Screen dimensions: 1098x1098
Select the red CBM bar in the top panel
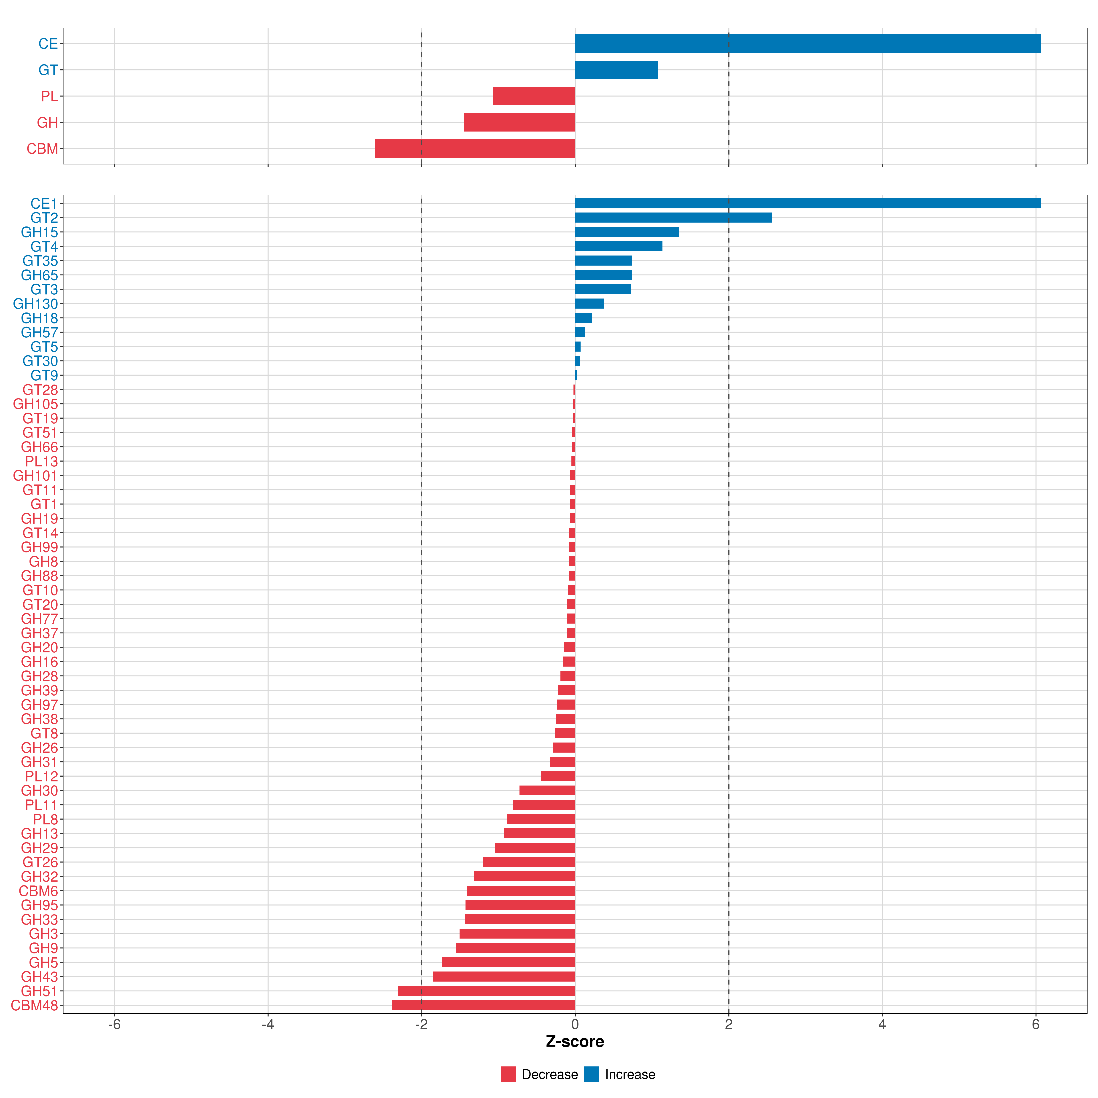(475, 148)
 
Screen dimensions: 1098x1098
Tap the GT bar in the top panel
(616, 70)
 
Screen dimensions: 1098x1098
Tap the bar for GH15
(627, 232)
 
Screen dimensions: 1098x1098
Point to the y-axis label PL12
(41, 776)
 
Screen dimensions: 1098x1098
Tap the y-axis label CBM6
(38, 891)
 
